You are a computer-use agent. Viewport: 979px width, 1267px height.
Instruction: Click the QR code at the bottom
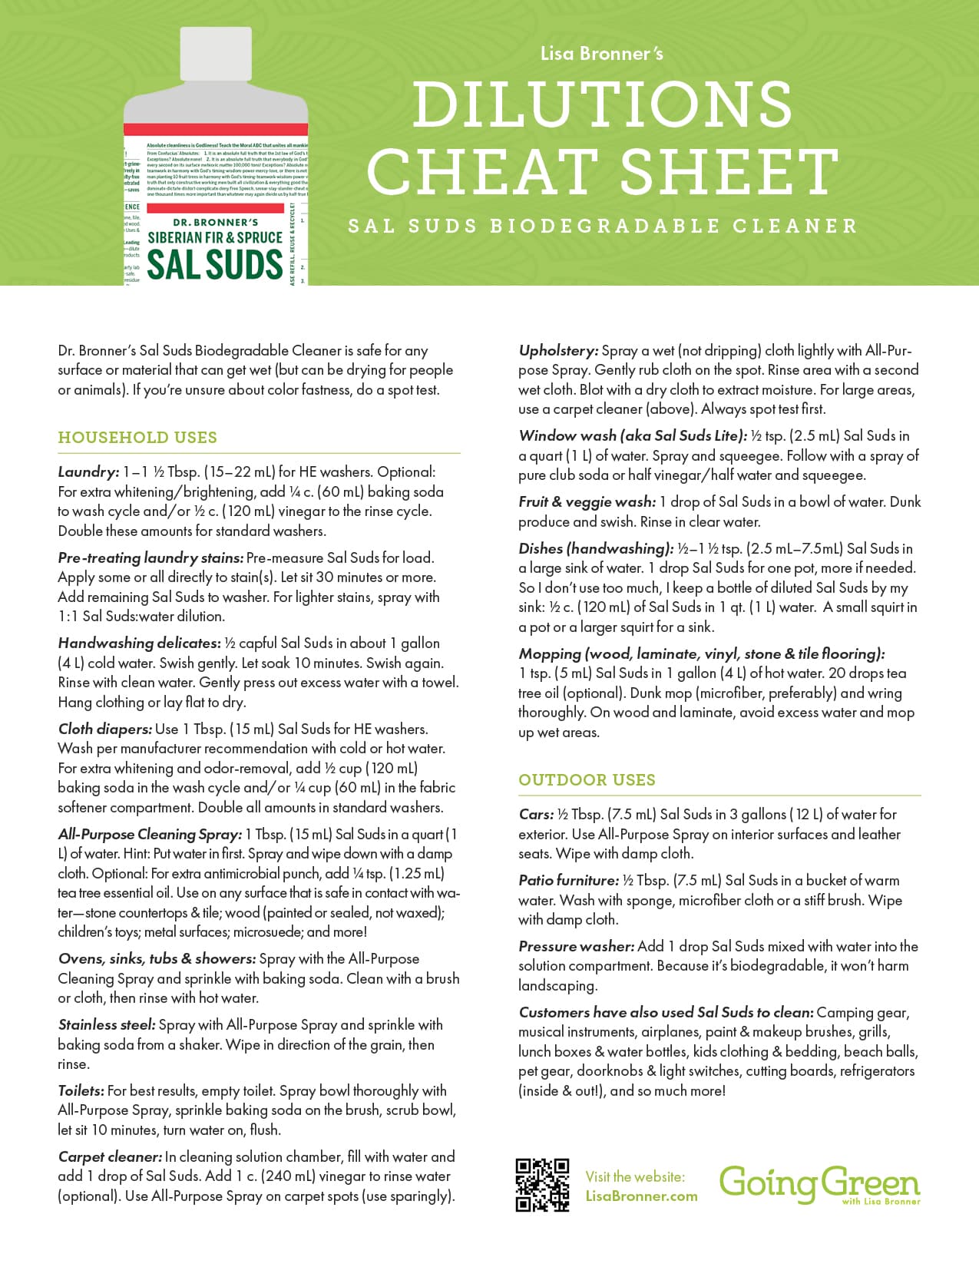pyautogui.click(x=542, y=1184)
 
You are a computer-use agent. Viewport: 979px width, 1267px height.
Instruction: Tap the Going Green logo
pyautogui.click(x=819, y=1184)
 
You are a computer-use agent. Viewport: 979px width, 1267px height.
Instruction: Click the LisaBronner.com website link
pyautogui.click(x=641, y=1196)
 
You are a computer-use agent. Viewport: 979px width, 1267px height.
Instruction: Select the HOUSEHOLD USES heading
pyautogui.click(x=137, y=438)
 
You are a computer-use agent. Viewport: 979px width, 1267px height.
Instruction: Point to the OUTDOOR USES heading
pyautogui.click(x=587, y=780)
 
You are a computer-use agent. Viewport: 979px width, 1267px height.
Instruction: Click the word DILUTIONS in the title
pyautogui.click(x=602, y=105)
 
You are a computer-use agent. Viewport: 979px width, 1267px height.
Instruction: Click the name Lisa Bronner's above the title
pyautogui.click(x=601, y=54)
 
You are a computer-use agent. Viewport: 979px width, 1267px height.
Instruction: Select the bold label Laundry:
pyautogui.click(x=88, y=471)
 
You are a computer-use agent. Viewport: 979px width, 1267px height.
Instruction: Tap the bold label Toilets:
pyautogui.click(x=81, y=1090)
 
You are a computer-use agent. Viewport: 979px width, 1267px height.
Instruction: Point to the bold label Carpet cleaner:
pyautogui.click(x=109, y=1156)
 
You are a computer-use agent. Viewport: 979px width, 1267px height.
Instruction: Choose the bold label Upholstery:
pyautogui.click(x=557, y=351)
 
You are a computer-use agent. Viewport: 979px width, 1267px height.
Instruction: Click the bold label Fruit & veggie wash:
pyautogui.click(x=587, y=502)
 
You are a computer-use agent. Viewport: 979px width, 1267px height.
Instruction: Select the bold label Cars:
pyautogui.click(x=536, y=814)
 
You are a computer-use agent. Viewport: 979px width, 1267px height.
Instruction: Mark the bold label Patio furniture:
pyautogui.click(x=568, y=880)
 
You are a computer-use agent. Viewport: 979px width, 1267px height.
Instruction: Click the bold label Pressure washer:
pyautogui.click(x=576, y=946)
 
